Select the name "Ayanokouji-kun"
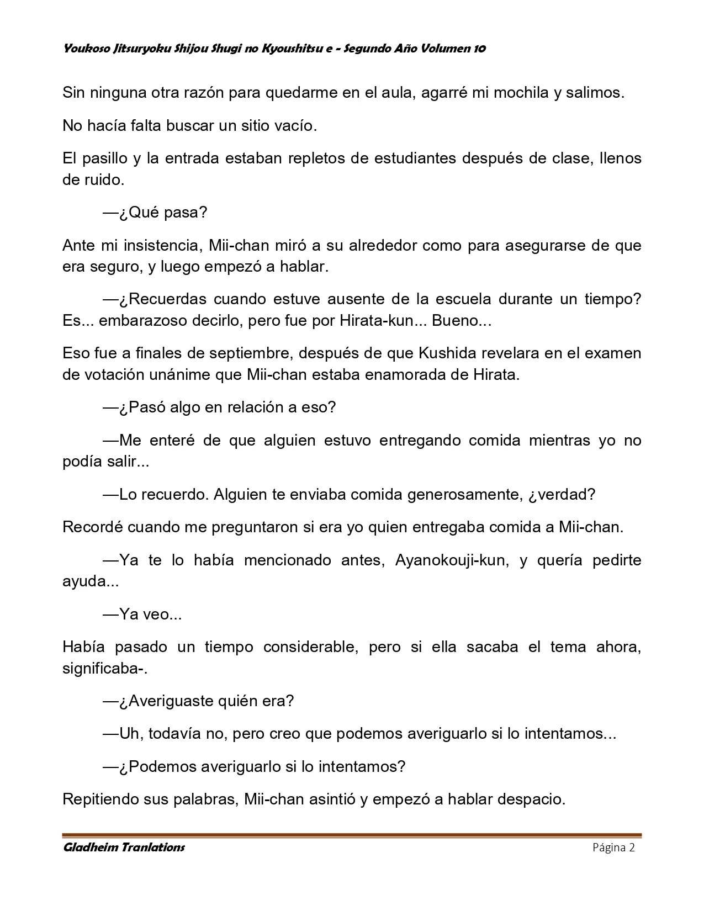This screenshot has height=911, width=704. tap(450, 560)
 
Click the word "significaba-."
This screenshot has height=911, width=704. tap(104, 669)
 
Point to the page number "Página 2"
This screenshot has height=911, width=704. tap(613, 848)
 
